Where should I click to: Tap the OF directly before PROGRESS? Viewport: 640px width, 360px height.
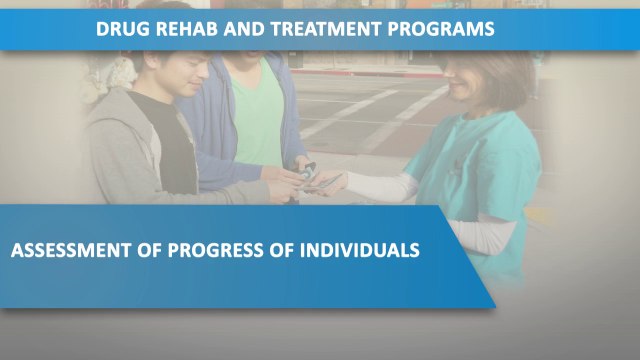coord(154,249)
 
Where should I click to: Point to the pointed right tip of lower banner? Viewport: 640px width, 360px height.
coord(493,303)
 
